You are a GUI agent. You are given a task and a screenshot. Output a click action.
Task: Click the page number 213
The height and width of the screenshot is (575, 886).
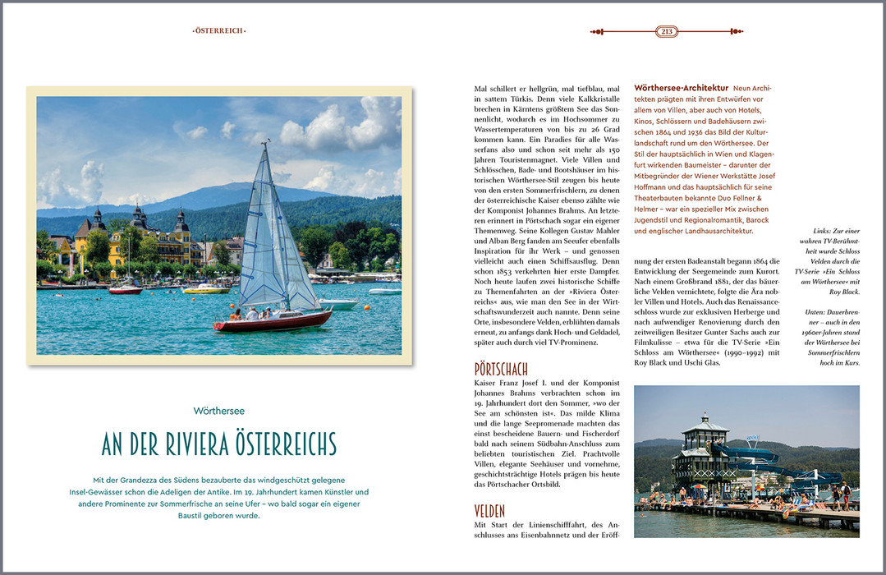coord(667,32)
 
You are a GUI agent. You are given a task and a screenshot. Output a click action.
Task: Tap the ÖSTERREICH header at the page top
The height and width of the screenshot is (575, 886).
coord(219,31)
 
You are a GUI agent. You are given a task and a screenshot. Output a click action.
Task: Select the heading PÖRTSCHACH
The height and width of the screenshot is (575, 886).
coord(501,368)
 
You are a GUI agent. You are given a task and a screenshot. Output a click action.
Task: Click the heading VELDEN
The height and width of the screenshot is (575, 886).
coord(489,511)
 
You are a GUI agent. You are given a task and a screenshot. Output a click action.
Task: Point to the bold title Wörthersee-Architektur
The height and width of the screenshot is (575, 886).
coord(681,88)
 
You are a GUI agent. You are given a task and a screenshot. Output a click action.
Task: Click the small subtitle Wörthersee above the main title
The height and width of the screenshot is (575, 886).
coord(218,411)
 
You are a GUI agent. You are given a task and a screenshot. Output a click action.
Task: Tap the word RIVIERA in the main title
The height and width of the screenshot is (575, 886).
coord(187,444)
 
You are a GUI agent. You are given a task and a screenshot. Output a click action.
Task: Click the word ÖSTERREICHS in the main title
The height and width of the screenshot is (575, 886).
coord(285,444)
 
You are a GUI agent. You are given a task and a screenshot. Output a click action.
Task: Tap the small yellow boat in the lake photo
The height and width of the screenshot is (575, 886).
coord(205,289)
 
